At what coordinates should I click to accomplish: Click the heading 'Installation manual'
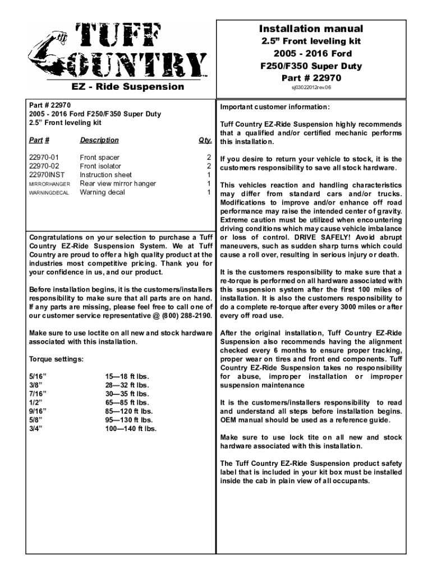(x=311, y=29)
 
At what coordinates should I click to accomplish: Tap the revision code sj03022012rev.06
(x=311, y=88)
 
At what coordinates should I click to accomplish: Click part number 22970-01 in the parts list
(x=42, y=158)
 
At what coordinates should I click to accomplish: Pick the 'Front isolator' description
(x=100, y=166)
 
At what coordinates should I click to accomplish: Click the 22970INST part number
(x=45, y=175)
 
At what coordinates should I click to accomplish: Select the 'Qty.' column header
(x=205, y=140)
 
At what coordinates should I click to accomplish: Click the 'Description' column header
(x=99, y=140)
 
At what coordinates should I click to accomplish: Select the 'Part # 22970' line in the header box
(x=311, y=77)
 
